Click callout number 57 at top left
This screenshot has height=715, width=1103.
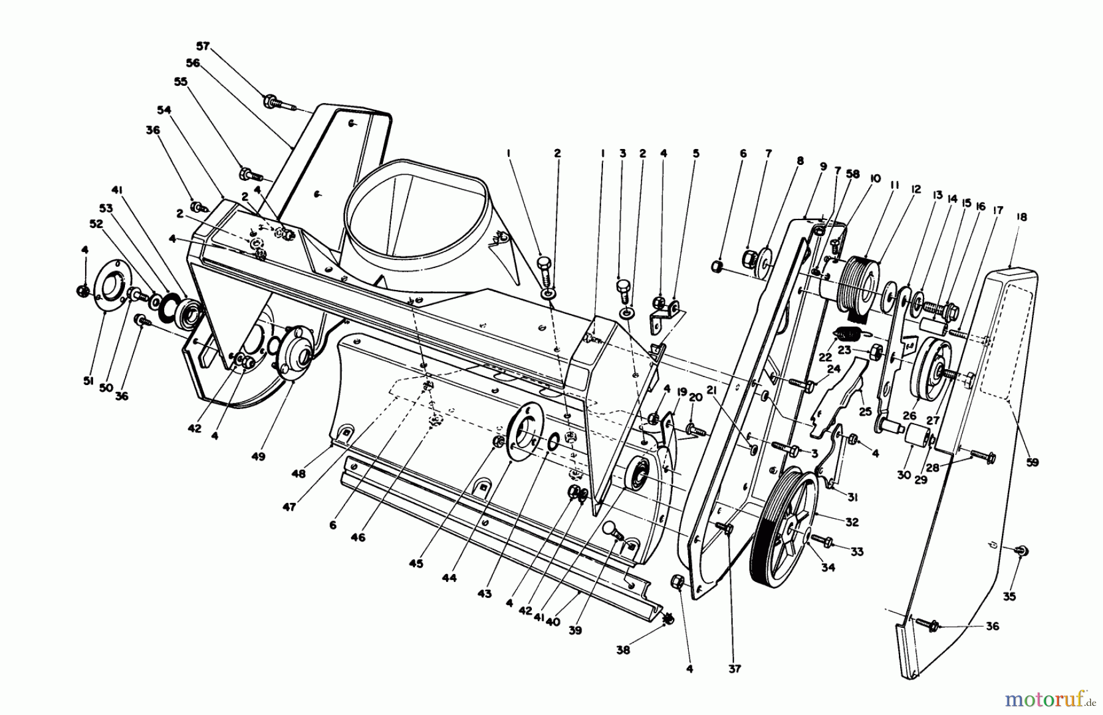click(x=203, y=46)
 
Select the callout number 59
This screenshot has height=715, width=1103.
click(x=1033, y=463)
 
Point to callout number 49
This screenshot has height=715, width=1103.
click(x=258, y=457)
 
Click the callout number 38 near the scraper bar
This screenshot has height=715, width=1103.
click(x=623, y=651)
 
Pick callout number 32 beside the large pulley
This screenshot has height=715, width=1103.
click(x=851, y=522)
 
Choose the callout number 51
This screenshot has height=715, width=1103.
click(x=88, y=381)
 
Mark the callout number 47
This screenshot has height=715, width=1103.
click(x=289, y=507)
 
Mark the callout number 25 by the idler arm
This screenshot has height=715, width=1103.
click(x=865, y=412)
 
